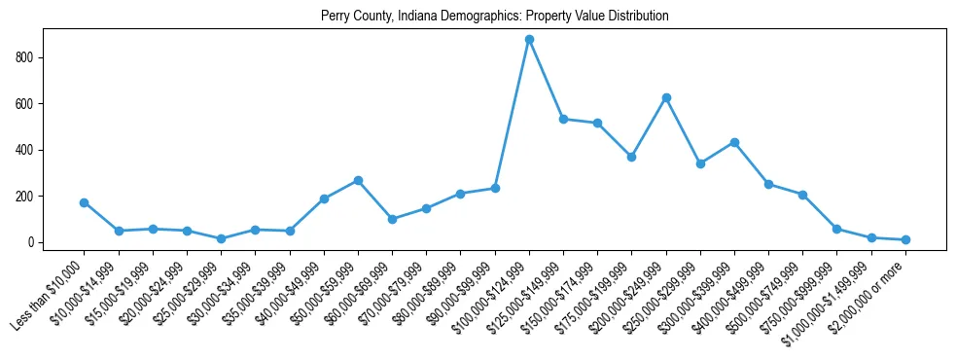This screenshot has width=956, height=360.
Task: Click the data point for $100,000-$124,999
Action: [x=529, y=39]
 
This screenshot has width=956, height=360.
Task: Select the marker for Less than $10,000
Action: [x=84, y=202]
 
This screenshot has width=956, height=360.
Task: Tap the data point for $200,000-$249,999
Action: [x=666, y=97]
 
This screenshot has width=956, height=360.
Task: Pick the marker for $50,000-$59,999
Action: [x=358, y=180]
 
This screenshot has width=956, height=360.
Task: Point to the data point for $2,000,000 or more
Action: [x=905, y=239]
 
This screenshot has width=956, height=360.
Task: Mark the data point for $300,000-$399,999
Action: [x=734, y=142]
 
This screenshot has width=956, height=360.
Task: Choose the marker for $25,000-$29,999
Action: [x=221, y=238]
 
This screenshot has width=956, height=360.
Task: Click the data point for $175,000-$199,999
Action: [x=631, y=156]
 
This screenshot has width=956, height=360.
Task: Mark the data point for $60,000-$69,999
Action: [x=392, y=219]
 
